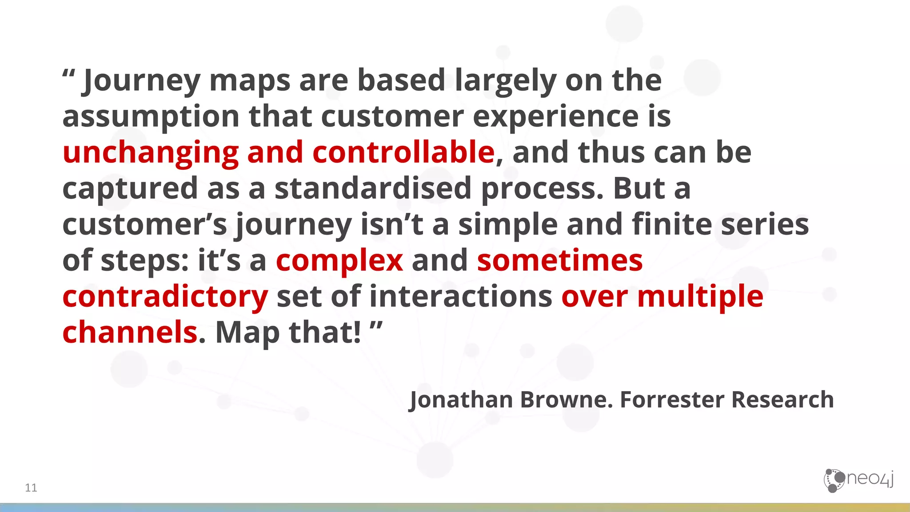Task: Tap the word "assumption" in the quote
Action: pos(151,116)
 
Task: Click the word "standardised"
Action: pos(373,188)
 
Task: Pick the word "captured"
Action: pos(130,188)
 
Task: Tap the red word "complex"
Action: pos(339,260)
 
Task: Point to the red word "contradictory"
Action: pos(165,296)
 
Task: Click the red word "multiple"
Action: pos(700,296)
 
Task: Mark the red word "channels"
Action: pos(130,332)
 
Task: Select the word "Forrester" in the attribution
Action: pos(672,399)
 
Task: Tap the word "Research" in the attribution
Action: pos(782,399)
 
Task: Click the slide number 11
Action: pos(31,488)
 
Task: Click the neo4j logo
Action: pos(858,480)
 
